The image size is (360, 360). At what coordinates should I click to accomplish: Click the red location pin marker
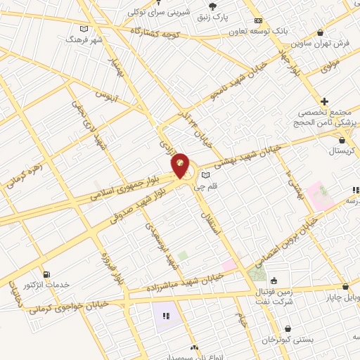pos(181,165)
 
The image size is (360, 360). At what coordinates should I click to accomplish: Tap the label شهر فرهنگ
pos(84,40)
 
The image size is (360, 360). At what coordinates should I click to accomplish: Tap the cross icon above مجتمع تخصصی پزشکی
pos(324,101)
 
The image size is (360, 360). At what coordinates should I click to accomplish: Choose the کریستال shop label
pos(342,151)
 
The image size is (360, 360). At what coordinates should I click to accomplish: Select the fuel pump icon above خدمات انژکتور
pos(46,274)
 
